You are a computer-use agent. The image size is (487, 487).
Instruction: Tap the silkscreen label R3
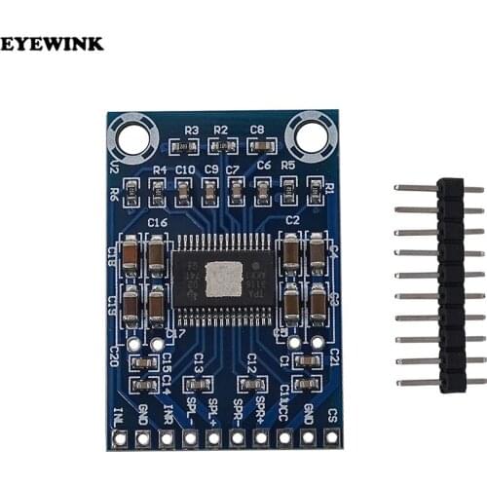[191, 131]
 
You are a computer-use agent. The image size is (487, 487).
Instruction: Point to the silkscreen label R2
[220, 131]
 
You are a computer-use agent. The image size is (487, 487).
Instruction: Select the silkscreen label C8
[257, 130]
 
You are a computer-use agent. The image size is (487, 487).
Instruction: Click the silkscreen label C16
[158, 223]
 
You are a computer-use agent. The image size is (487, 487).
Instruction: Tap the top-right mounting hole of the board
[312, 135]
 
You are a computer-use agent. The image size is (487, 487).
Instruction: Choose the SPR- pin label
[237, 413]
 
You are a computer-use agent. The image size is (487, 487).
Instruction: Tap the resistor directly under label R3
[187, 146]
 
